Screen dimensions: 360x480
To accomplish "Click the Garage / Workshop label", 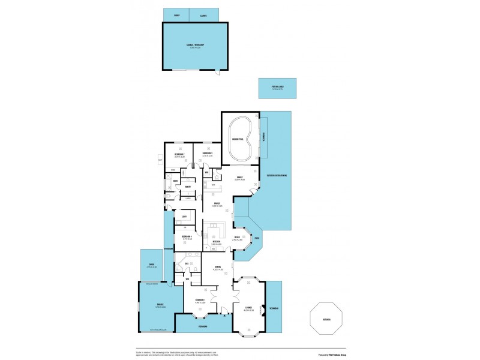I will [195, 45].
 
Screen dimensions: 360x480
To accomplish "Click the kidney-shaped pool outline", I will [240, 138].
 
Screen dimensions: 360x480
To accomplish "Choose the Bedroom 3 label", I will [179, 154].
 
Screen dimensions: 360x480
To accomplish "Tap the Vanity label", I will [188, 187].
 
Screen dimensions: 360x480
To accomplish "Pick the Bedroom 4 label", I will [187, 236].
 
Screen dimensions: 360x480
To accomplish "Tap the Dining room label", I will [218, 267].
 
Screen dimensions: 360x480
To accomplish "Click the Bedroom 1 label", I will [200, 300].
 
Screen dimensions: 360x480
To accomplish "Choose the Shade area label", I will [152, 266].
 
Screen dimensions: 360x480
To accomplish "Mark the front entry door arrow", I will [225, 315].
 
